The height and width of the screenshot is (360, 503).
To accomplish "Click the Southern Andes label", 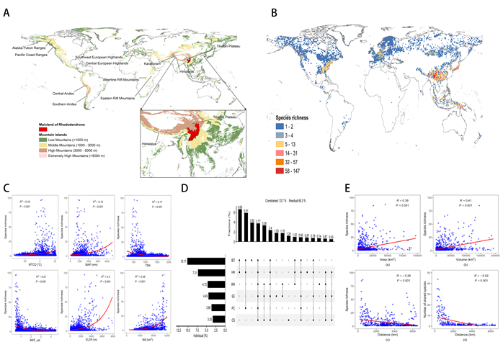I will pyautogui.click(x=66, y=103).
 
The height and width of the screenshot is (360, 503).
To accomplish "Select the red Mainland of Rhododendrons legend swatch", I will pyautogui.click(x=45, y=131).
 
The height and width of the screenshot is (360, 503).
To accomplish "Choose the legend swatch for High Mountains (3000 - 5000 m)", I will pyautogui.click(x=45, y=155).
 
